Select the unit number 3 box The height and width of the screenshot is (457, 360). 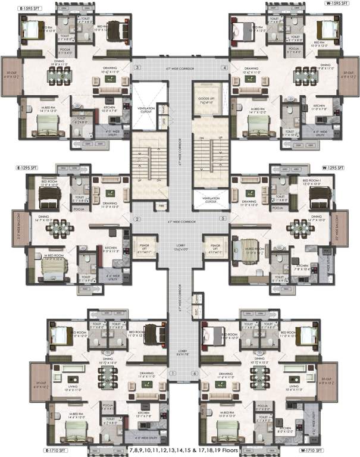coord(137,68)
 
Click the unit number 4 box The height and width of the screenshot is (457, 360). coord(224,68)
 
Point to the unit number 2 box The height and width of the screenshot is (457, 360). coord(137,219)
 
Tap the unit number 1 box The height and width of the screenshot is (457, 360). coord(173,373)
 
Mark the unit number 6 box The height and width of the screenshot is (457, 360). coord(193,373)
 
